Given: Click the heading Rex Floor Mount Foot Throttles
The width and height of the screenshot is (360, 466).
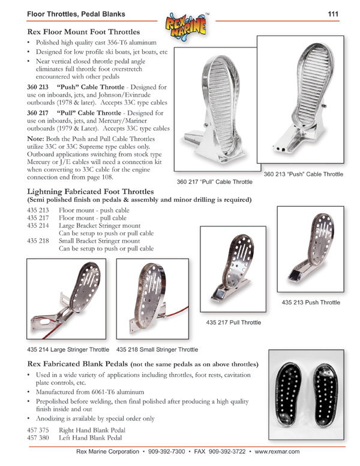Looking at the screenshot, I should point(84,31).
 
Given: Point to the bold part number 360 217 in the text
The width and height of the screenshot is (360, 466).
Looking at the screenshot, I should point(38,112).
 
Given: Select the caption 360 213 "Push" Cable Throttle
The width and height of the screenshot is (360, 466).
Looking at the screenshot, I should point(303,174).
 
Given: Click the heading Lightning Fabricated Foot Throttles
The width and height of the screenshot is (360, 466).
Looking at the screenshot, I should point(90,191).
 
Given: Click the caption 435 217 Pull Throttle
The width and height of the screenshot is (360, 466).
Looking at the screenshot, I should point(233,322).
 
